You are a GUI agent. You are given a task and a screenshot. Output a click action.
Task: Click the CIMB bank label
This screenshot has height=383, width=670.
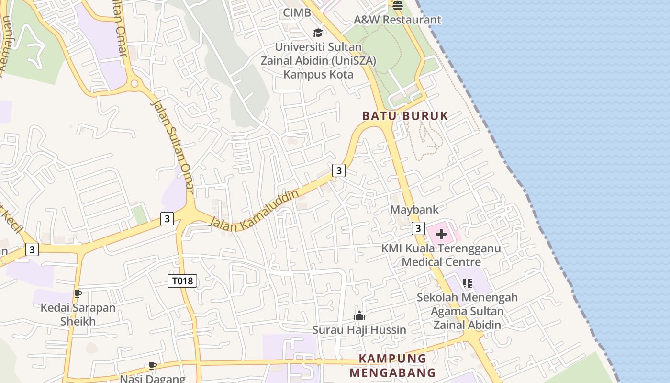point(297,13)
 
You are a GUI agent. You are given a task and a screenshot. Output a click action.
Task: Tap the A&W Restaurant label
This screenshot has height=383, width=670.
point(397,20)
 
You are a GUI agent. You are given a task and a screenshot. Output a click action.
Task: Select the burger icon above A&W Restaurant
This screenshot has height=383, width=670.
point(398,6)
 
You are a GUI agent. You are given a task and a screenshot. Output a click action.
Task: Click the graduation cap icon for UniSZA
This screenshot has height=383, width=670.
point(318,33)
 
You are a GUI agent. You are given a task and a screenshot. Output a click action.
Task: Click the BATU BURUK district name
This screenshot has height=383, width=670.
point(405,116)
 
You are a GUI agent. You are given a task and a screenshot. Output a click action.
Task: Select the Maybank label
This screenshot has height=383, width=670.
point(414,210)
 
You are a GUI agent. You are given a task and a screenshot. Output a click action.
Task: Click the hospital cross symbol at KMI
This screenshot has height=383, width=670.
point(441,234)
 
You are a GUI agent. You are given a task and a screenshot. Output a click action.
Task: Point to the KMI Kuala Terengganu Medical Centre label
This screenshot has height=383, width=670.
point(441,255)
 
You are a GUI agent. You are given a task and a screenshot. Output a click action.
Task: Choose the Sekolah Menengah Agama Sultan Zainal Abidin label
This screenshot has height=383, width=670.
point(467,311)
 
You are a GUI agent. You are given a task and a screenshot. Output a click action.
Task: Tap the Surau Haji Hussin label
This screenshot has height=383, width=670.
point(359,330)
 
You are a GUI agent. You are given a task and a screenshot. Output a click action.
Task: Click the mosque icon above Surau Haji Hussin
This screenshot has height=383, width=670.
point(359,315)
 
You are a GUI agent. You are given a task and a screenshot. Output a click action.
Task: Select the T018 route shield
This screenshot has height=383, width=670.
point(182,281)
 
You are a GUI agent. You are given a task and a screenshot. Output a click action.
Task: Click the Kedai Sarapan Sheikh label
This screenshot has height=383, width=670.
point(78,314)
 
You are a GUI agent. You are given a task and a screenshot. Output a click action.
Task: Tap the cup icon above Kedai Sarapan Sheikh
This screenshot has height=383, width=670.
point(78,293)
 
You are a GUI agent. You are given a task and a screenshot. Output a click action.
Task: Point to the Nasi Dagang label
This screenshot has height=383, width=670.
point(152,379)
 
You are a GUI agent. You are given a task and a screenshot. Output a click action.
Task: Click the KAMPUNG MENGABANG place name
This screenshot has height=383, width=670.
point(392,365)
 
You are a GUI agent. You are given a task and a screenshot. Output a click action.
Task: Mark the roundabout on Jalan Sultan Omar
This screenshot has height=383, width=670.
point(134,84)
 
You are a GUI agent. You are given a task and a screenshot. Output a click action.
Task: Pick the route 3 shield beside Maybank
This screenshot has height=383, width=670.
point(418,228)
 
